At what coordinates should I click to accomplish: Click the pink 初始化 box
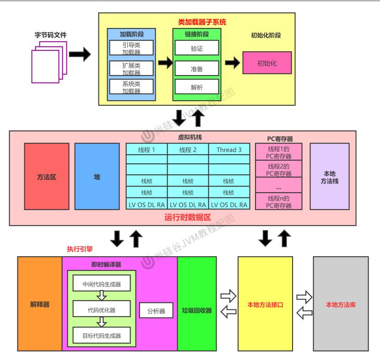pos(267,63)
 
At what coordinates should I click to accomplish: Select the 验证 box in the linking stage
pos(196,48)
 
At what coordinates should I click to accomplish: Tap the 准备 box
pos(196,69)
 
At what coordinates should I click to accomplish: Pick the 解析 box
pos(196,87)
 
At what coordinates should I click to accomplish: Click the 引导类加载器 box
pos(131,48)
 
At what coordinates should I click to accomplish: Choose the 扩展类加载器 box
pos(131,69)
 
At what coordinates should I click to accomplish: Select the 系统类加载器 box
pos(131,87)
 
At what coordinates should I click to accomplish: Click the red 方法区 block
pos(47,177)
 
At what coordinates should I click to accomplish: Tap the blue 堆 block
pos(97,177)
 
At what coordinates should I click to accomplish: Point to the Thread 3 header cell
pos(229,149)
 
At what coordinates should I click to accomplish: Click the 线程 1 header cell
pos(147,149)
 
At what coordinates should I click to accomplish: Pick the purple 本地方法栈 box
pos(330,177)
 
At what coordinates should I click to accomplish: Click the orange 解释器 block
pos(40,304)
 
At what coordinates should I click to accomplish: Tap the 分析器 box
pos(156,311)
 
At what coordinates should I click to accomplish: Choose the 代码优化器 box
pos(102,310)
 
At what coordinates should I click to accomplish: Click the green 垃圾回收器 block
pos(196,304)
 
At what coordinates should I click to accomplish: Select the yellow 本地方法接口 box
pos(265,304)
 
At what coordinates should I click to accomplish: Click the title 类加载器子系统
pos(202,22)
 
